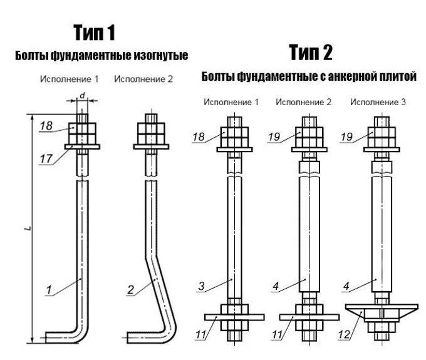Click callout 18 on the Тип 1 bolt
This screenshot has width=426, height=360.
pos(45,126)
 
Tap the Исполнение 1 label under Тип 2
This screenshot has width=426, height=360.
pos(230,101)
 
